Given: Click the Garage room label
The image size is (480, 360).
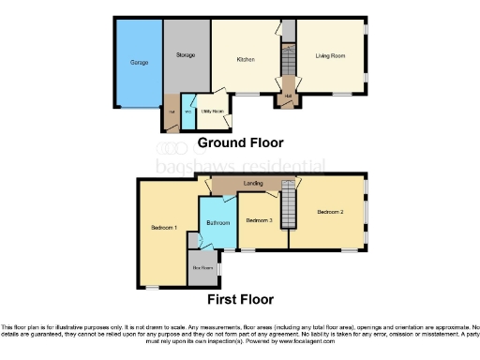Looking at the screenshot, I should click(x=139, y=63).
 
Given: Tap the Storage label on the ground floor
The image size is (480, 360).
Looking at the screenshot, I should click(x=186, y=55).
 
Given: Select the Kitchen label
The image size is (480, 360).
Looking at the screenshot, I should click(x=246, y=59).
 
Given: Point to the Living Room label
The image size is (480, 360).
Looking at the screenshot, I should click(x=329, y=56).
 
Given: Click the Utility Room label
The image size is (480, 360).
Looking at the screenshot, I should click(x=212, y=112).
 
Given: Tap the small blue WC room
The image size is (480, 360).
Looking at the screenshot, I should click(x=188, y=112).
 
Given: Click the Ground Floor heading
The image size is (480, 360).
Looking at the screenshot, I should click(x=240, y=143).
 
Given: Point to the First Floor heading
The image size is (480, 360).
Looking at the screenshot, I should click(x=241, y=300).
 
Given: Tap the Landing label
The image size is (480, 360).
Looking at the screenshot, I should click(x=252, y=184).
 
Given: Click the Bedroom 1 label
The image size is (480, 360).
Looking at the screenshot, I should click(x=164, y=228).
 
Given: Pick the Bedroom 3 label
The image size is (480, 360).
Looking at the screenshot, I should click(x=259, y=220).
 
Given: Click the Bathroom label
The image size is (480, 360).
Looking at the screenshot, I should click(x=217, y=223).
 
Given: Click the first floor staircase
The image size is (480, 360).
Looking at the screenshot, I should click(x=289, y=206).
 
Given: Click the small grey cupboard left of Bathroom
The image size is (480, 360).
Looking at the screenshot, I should click(x=193, y=240).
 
